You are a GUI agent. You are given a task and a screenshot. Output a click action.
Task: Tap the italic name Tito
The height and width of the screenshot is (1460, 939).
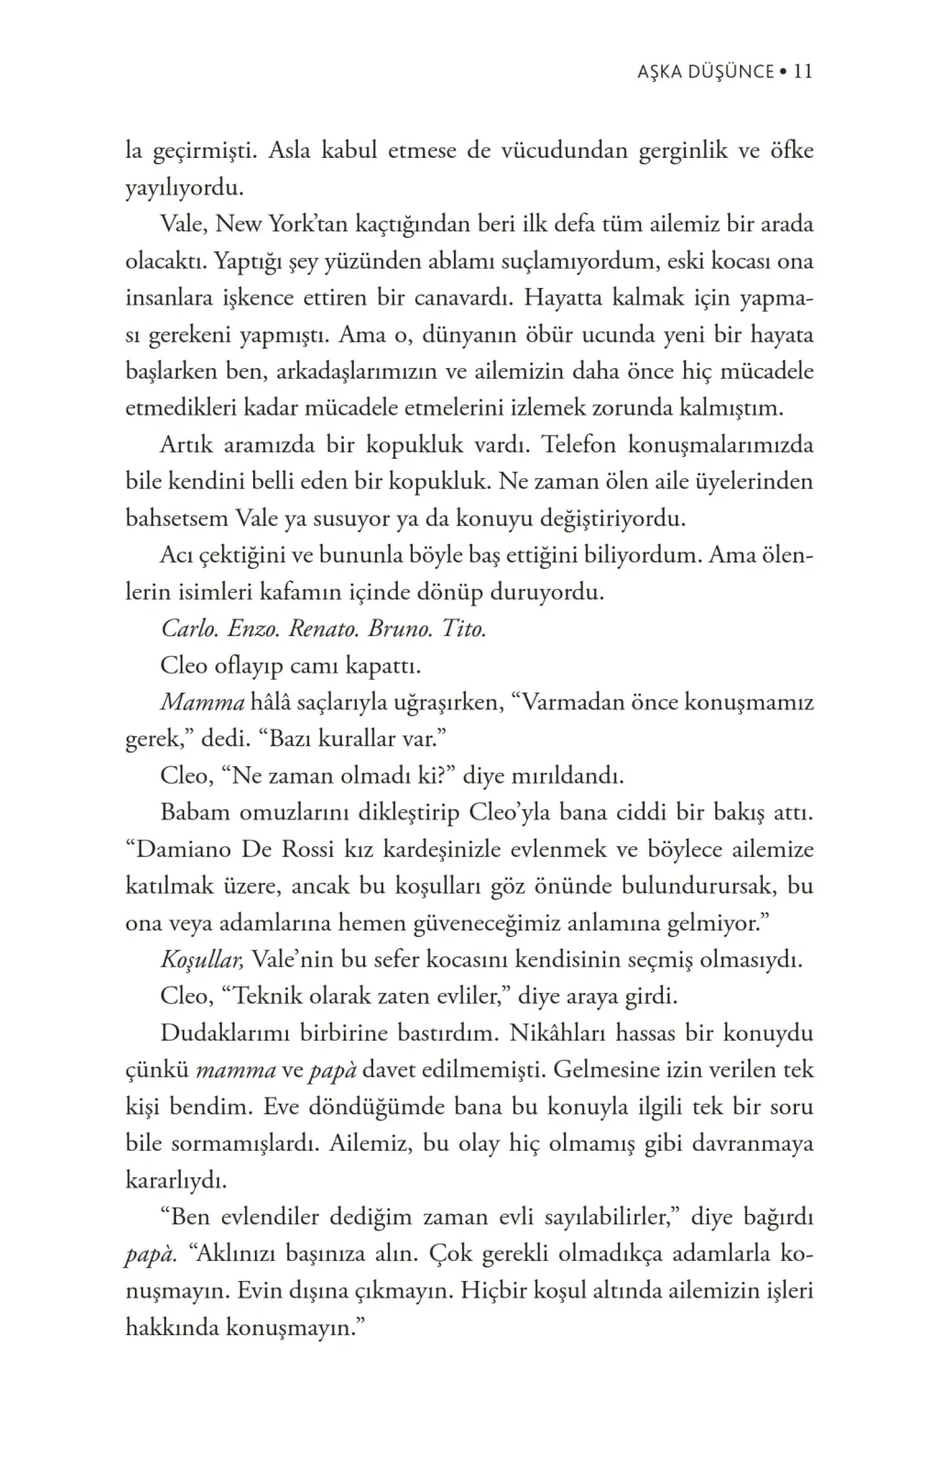(x=464, y=630)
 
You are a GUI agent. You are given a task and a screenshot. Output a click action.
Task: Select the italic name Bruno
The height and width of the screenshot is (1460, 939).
(x=400, y=630)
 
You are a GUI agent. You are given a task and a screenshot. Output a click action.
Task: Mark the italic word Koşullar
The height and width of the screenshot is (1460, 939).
(x=202, y=961)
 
